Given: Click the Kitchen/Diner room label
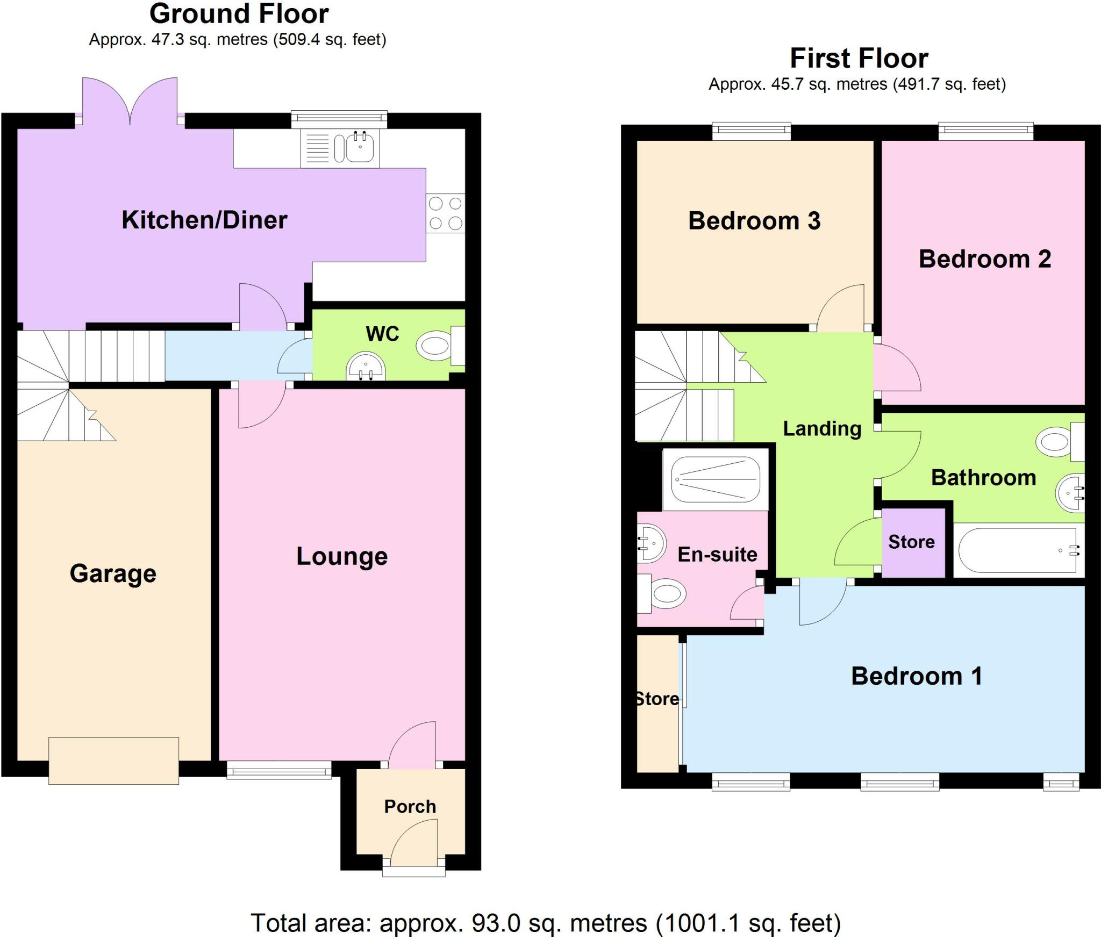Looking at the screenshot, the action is [x=204, y=220].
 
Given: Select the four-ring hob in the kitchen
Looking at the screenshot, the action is [x=445, y=213].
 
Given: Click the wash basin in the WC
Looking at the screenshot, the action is [x=366, y=366].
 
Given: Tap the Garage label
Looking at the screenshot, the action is [x=113, y=573].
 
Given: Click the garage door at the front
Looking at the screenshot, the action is [x=113, y=760].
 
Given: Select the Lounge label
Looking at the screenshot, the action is [x=342, y=556].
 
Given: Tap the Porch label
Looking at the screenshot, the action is [x=410, y=806].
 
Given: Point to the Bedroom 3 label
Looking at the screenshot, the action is [x=754, y=221].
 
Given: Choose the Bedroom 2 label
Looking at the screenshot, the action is [x=985, y=259].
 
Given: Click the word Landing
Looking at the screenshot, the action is [x=822, y=429].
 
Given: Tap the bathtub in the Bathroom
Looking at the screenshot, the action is [x=1019, y=550].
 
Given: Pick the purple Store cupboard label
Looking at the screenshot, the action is [x=911, y=542].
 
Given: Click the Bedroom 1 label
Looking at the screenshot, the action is [x=917, y=676].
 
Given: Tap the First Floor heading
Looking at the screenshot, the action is [x=859, y=58].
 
